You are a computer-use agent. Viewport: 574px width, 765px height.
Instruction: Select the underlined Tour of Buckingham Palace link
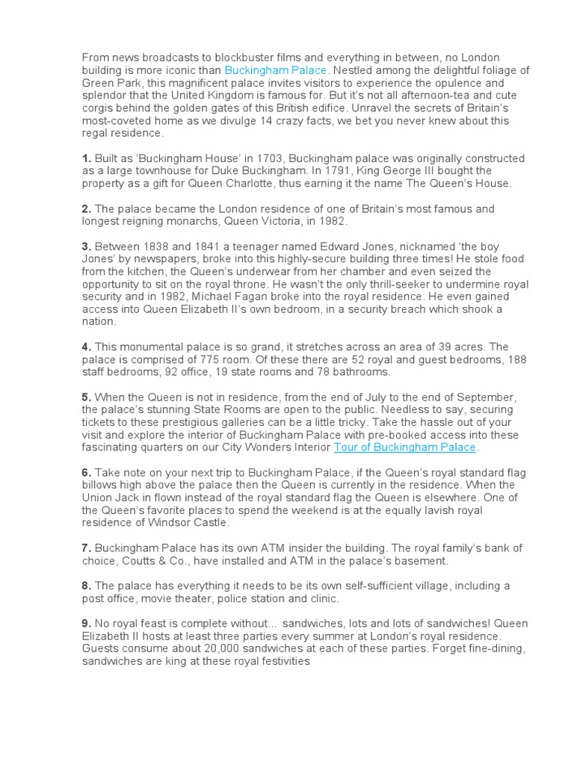coord(404,447)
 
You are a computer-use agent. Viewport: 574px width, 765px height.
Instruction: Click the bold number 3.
coord(87,247)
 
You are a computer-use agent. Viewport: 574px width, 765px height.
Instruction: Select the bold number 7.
coord(87,548)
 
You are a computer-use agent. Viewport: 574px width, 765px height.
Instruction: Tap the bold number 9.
coord(87,624)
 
